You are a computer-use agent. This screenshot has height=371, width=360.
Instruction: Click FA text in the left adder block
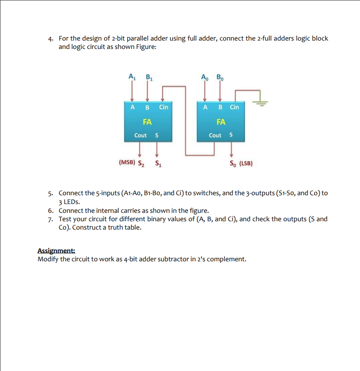point(147,121)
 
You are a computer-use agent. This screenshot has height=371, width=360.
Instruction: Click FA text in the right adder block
point(221,121)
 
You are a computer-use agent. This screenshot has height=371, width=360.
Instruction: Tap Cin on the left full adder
point(163,107)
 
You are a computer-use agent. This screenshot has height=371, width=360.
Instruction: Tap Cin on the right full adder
point(234,107)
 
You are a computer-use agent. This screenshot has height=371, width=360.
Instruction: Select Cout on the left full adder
point(140,135)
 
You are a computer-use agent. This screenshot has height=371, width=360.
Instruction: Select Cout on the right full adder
point(215,135)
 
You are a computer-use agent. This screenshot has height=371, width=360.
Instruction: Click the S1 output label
point(157,163)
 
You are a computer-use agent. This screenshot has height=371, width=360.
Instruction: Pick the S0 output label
point(232,163)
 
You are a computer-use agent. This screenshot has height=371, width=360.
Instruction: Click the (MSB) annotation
point(127,163)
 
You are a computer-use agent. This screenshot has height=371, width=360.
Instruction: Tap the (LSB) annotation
point(246,163)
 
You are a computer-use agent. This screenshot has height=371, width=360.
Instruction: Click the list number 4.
point(51,39)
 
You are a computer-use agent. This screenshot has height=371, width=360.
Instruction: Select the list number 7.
point(51,219)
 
